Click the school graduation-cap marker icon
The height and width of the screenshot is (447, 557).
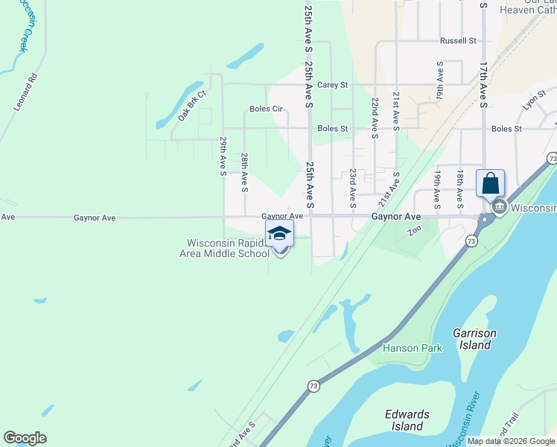click(x=279, y=234)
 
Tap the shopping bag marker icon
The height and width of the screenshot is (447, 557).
click(x=490, y=183)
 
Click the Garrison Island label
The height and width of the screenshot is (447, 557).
click(x=474, y=339)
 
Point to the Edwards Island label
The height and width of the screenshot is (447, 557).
click(x=407, y=420)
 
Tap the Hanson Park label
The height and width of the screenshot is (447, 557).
click(x=413, y=348)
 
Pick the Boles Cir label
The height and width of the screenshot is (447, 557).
click(x=267, y=109)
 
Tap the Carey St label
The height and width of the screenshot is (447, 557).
click(x=332, y=85)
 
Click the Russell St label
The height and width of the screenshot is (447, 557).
click(x=457, y=40)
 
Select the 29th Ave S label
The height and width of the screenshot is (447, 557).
click(x=223, y=156)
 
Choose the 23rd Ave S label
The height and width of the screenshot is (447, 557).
click(x=352, y=187)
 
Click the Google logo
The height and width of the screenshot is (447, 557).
click(x=25, y=438)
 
